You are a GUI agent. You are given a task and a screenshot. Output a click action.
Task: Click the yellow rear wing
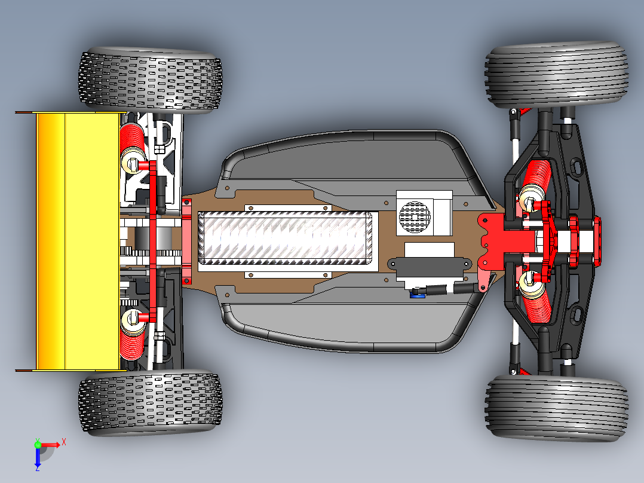[x=78, y=239]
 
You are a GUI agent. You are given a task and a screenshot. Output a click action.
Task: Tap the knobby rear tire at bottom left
[x=151, y=402]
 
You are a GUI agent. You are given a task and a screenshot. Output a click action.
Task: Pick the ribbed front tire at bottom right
[x=557, y=408]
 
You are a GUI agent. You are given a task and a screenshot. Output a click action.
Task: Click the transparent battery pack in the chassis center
[x=287, y=238]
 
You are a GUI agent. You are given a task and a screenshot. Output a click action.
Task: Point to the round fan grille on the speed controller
[x=414, y=216]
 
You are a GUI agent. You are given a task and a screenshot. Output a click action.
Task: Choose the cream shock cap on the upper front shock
[x=529, y=197]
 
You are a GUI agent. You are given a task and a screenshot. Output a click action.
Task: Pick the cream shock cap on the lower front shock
[x=529, y=285]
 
